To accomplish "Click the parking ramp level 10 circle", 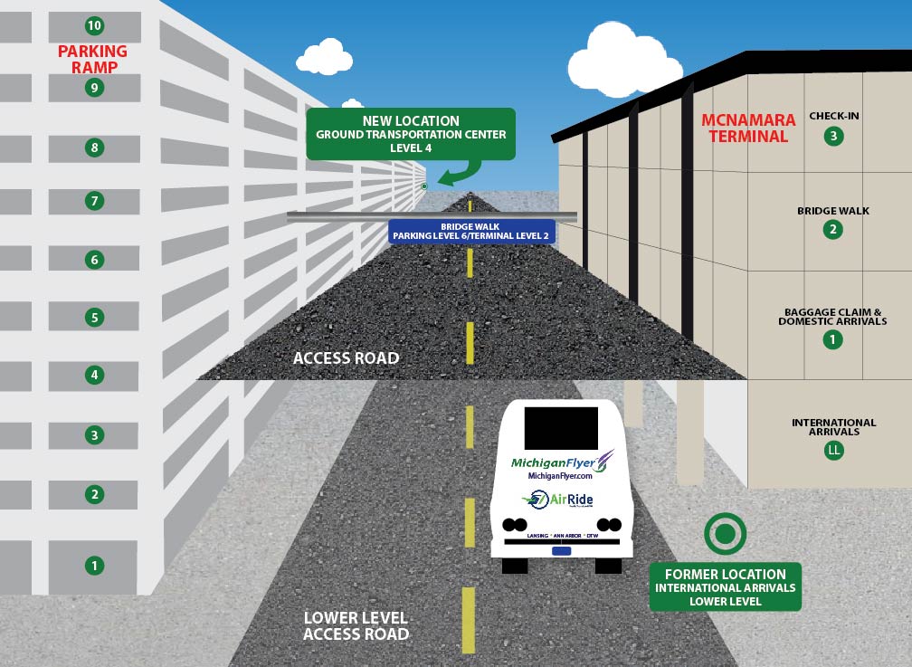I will point(94,24).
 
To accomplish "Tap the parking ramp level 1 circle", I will point(94,566).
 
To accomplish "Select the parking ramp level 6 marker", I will point(94,260).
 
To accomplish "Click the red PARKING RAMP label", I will point(93,60).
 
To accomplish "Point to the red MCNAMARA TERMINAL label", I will point(748,128).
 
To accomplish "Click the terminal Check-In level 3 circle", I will point(833,137).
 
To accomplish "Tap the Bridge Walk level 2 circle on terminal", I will point(833,230).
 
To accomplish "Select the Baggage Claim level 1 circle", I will point(832,340).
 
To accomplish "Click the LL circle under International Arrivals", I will point(833,450).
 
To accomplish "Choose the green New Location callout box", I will point(411,134).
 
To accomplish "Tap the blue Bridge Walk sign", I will point(470,232).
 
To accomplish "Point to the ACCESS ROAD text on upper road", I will point(346,358).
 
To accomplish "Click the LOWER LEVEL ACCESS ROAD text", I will point(356,626).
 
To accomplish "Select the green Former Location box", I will point(725,586).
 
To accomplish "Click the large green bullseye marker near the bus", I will point(725,535).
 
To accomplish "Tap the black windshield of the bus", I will point(561,428).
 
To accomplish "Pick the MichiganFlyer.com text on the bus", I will point(559,476).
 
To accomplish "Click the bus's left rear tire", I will point(515,566).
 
